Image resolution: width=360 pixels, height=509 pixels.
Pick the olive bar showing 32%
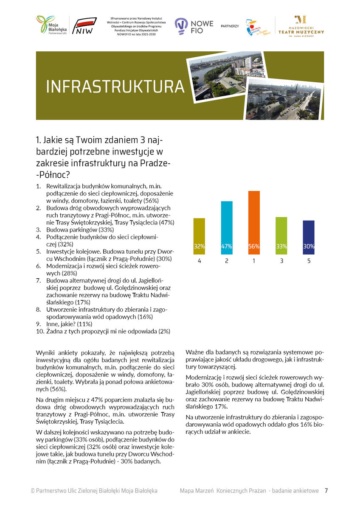tap(199, 235)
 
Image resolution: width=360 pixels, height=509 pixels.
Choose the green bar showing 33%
tap(281, 235)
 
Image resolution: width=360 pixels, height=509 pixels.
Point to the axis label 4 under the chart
tap(199, 261)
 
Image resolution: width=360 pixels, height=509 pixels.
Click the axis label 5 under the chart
tap(309, 261)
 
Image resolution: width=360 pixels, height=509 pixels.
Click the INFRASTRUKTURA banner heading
tap(115, 86)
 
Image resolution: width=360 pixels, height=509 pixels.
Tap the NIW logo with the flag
tap(85, 26)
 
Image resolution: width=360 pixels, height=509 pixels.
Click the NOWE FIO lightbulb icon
tap(181, 26)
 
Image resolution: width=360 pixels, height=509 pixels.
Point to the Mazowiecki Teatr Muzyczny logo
tap(301, 27)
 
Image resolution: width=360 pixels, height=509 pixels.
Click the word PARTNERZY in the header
tap(230, 26)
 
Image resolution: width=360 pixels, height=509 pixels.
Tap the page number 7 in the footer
tap(326, 491)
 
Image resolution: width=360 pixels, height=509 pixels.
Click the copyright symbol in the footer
tap(33, 491)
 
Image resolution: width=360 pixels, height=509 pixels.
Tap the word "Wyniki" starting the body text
tap(46, 352)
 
